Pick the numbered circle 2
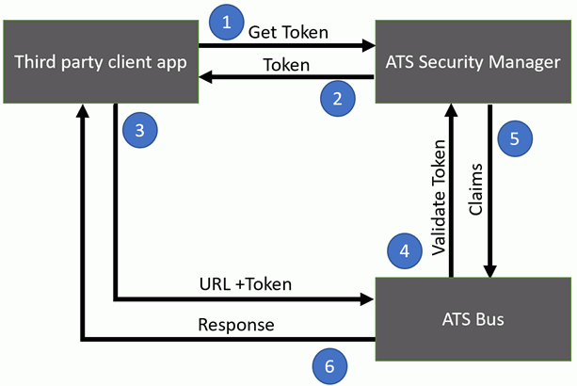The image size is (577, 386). point(337,97)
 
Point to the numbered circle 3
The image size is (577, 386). point(139,130)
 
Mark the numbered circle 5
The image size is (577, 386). point(514,137)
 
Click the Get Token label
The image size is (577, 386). point(288,31)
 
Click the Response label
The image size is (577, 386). point(235,325)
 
